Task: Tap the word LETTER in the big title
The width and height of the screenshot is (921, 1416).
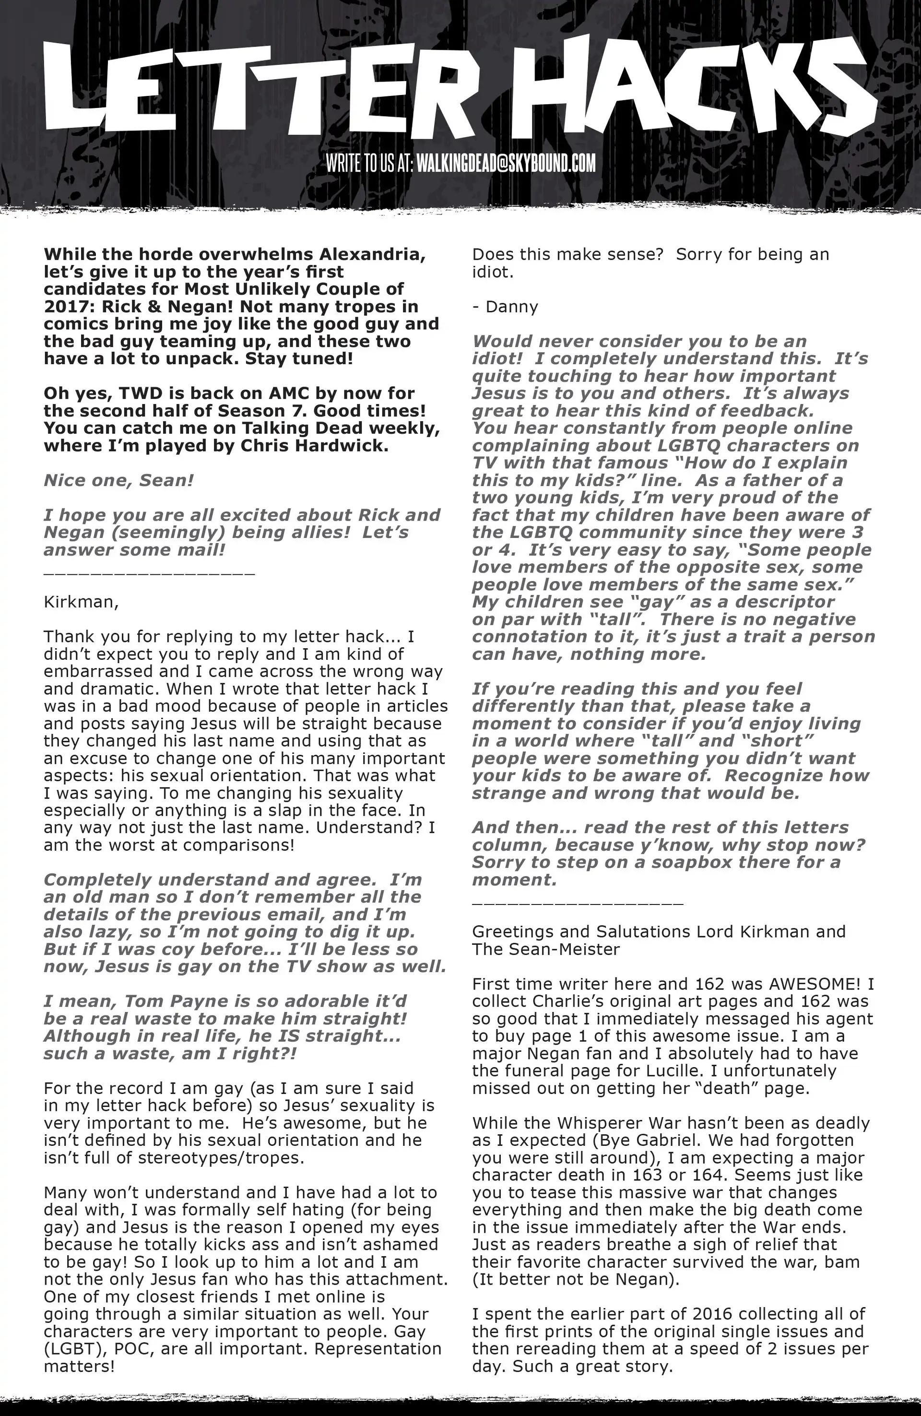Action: point(262,89)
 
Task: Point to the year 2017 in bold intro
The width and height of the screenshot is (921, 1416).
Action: point(64,307)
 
